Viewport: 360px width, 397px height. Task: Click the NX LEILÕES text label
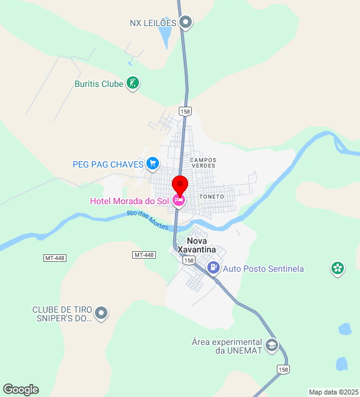[x=153, y=23]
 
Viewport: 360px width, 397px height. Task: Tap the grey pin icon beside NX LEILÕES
[x=186, y=23]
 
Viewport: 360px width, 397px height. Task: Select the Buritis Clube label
[x=99, y=84]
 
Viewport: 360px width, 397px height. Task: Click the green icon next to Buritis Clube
[x=132, y=83]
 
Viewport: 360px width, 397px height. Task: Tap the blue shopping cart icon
[x=153, y=164]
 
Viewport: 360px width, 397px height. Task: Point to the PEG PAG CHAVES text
[x=108, y=164]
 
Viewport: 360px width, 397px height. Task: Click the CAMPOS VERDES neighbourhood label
[x=203, y=163]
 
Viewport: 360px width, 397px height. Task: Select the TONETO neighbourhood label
[x=212, y=197]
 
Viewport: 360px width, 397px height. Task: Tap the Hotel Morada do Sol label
[x=129, y=200]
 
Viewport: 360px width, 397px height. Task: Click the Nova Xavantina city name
[x=197, y=245]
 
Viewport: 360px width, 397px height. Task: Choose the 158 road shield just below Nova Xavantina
[x=189, y=261]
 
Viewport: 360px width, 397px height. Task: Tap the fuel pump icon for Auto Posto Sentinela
[x=214, y=268]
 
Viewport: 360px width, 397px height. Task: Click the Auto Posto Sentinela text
[x=263, y=269]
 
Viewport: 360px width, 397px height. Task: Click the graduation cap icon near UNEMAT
[x=271, y=346]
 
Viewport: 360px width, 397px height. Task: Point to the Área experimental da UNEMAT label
[x=227, y=346]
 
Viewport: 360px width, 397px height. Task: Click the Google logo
[x=20, y=390]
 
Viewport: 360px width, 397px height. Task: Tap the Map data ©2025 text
[x=333, y=392]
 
